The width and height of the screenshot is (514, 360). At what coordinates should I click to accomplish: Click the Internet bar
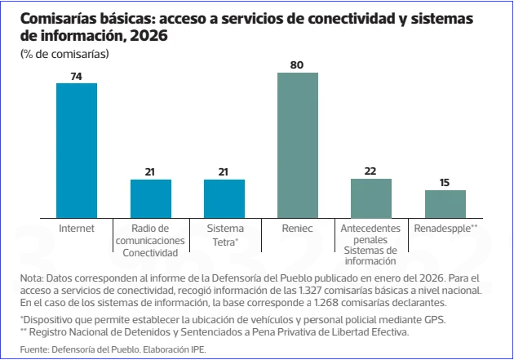coord(77,150)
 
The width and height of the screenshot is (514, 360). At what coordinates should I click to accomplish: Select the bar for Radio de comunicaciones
coord(151,198)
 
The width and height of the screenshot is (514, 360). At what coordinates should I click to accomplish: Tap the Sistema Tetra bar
coord(224,198)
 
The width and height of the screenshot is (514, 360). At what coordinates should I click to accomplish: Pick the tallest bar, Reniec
coord(298,145)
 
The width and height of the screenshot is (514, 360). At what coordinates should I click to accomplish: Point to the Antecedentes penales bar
coord(371,198)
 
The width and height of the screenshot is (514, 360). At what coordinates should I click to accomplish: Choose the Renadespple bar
coord(445,204)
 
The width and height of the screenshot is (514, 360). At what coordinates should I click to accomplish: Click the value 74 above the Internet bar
coord(77,77)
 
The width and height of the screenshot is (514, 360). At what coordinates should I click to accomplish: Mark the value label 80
coord(297,65)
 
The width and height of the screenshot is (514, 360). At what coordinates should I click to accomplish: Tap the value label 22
coord(370,171)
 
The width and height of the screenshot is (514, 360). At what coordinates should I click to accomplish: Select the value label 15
coord(445,183)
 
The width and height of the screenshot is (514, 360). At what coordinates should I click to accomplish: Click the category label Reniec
coord(297,229)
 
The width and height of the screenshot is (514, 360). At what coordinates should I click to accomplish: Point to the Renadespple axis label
coord(445,229)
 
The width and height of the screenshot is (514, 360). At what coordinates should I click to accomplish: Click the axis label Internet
coord(77,229)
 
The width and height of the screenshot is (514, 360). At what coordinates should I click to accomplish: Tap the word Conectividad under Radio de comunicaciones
coord(150,253)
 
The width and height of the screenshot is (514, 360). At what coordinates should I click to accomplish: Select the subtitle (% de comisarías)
coord(64,54)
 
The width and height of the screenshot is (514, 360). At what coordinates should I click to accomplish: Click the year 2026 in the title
coord(148,35)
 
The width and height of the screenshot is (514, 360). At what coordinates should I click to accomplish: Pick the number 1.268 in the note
coord(326,302)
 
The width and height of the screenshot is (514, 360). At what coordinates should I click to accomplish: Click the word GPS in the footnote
coord(435,319)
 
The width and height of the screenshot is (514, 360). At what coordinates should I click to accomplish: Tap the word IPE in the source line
coord(198,349)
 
